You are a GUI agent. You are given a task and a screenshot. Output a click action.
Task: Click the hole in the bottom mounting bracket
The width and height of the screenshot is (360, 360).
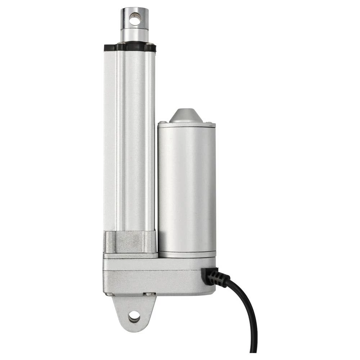134,317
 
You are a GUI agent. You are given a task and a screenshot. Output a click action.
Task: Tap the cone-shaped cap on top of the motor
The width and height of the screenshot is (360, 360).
186,116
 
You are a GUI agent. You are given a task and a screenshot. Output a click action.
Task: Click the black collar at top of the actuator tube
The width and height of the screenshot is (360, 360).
130,47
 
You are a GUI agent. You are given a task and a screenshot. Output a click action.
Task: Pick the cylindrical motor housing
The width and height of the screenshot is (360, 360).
186,187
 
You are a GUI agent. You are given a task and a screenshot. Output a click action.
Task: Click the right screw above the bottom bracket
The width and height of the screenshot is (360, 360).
148,294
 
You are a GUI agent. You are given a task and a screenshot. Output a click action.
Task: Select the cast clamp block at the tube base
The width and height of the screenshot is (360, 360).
130,242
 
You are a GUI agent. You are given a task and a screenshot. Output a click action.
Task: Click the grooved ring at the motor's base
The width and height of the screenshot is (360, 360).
186,254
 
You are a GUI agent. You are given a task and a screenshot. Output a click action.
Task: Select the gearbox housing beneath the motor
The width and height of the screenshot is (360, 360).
158,275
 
